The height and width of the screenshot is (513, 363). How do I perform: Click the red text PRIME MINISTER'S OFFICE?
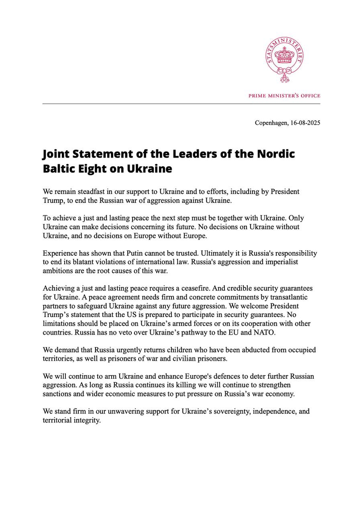click(x=284, y=96)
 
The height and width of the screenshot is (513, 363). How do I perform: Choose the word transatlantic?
click(x=288, y=297)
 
